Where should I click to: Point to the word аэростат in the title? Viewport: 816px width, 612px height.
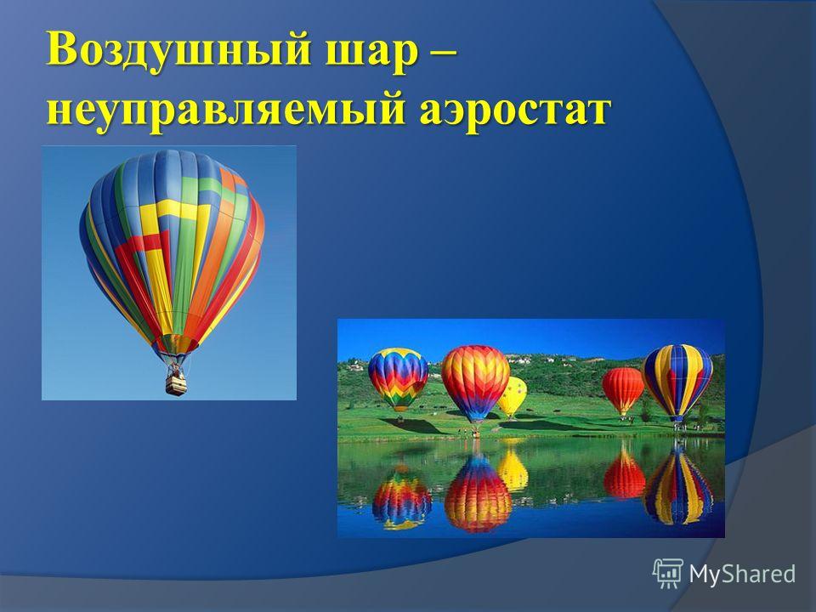coord(514,110)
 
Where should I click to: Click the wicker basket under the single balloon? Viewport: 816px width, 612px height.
coord(176,384)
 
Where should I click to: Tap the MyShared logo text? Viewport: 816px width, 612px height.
coord(742,574)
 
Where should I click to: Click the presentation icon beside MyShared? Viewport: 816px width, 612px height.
coord(668,574)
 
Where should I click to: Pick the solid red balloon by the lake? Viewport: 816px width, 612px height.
coord(622,390)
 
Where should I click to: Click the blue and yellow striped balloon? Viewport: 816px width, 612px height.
coord(677,381)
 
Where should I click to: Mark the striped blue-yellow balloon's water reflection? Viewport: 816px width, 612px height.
coord(677,485)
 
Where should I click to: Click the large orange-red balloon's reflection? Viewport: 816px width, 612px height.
coord(478,493)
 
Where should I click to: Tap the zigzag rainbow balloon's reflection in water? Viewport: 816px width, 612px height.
coord(402,498)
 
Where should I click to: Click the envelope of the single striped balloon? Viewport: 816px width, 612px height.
coord(172,250)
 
